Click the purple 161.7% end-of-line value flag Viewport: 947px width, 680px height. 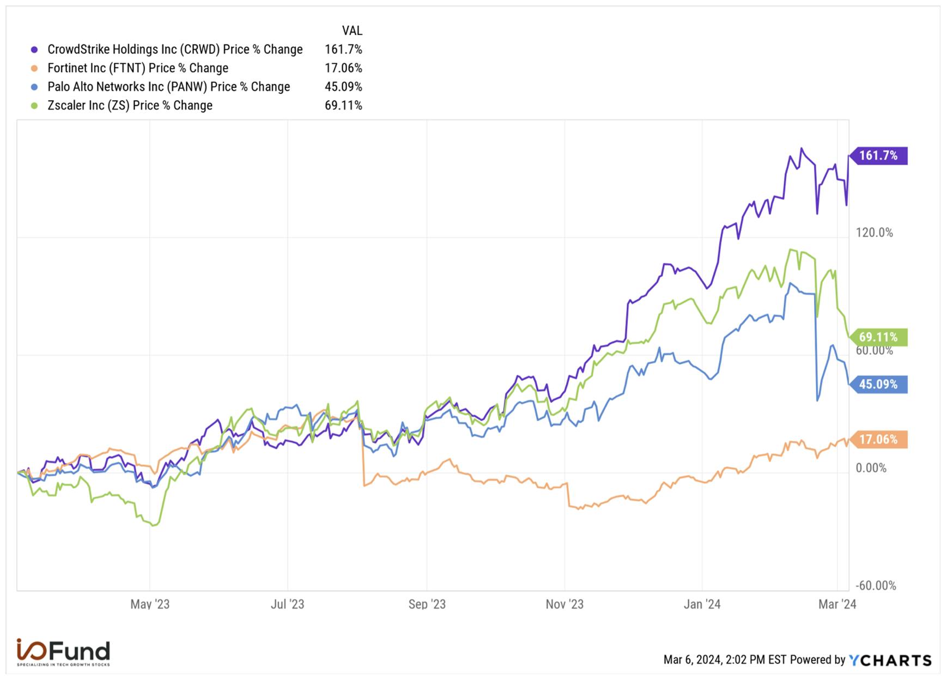click(x=878, y=156)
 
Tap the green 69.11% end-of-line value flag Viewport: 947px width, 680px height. click(x=878, y=337)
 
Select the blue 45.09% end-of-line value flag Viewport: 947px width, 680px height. click(x=878, y=385)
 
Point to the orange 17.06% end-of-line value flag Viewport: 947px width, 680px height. click(x=878, y=440)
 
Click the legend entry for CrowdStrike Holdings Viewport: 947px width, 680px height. click(x=174, y=50)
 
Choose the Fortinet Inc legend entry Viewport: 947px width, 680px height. click(x=137, y=68)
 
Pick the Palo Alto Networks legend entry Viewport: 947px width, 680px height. click(x=168, y=87)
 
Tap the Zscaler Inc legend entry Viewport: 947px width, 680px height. click(x=130, y=106)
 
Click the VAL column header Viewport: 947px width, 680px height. click(x=352, y=31)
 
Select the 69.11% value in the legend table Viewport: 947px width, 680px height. click(x=343, y=106)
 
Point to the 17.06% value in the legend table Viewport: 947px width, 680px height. click(x=343, y=68)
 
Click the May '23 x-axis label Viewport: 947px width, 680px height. click(x=150, y=604)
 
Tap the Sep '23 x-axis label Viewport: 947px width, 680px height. click(x=427, y=604)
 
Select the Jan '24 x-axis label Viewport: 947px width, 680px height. click(x=702, y=604)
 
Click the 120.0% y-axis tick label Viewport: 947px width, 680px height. click(x=874, y=233)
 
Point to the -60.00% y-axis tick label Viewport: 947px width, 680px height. click(x=876, y=586)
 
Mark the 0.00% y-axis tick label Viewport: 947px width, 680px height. click(x=871, y=468)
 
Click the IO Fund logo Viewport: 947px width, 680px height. click(x=63, y=652)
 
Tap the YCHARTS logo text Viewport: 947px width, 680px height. click(x=890, y=660)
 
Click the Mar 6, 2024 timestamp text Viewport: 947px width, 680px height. click(x=725, y=660)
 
